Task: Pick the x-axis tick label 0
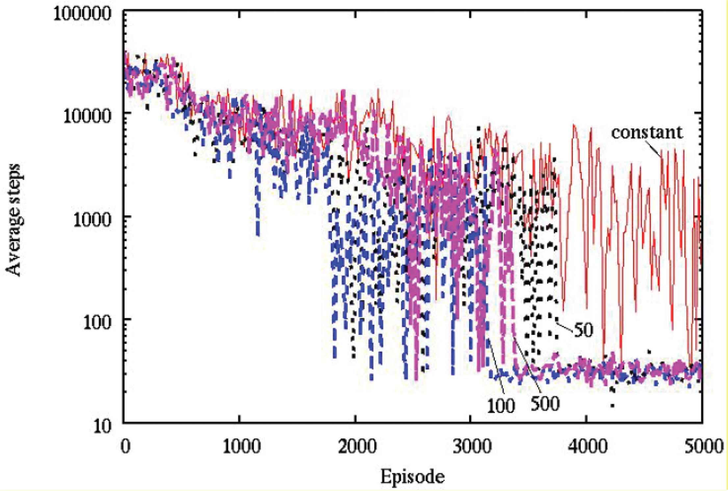coord(124,448)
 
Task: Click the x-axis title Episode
coord(413,476)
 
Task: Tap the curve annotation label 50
coord(583,330)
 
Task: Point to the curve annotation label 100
coord(500,407)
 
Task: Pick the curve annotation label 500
coord(545,403)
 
